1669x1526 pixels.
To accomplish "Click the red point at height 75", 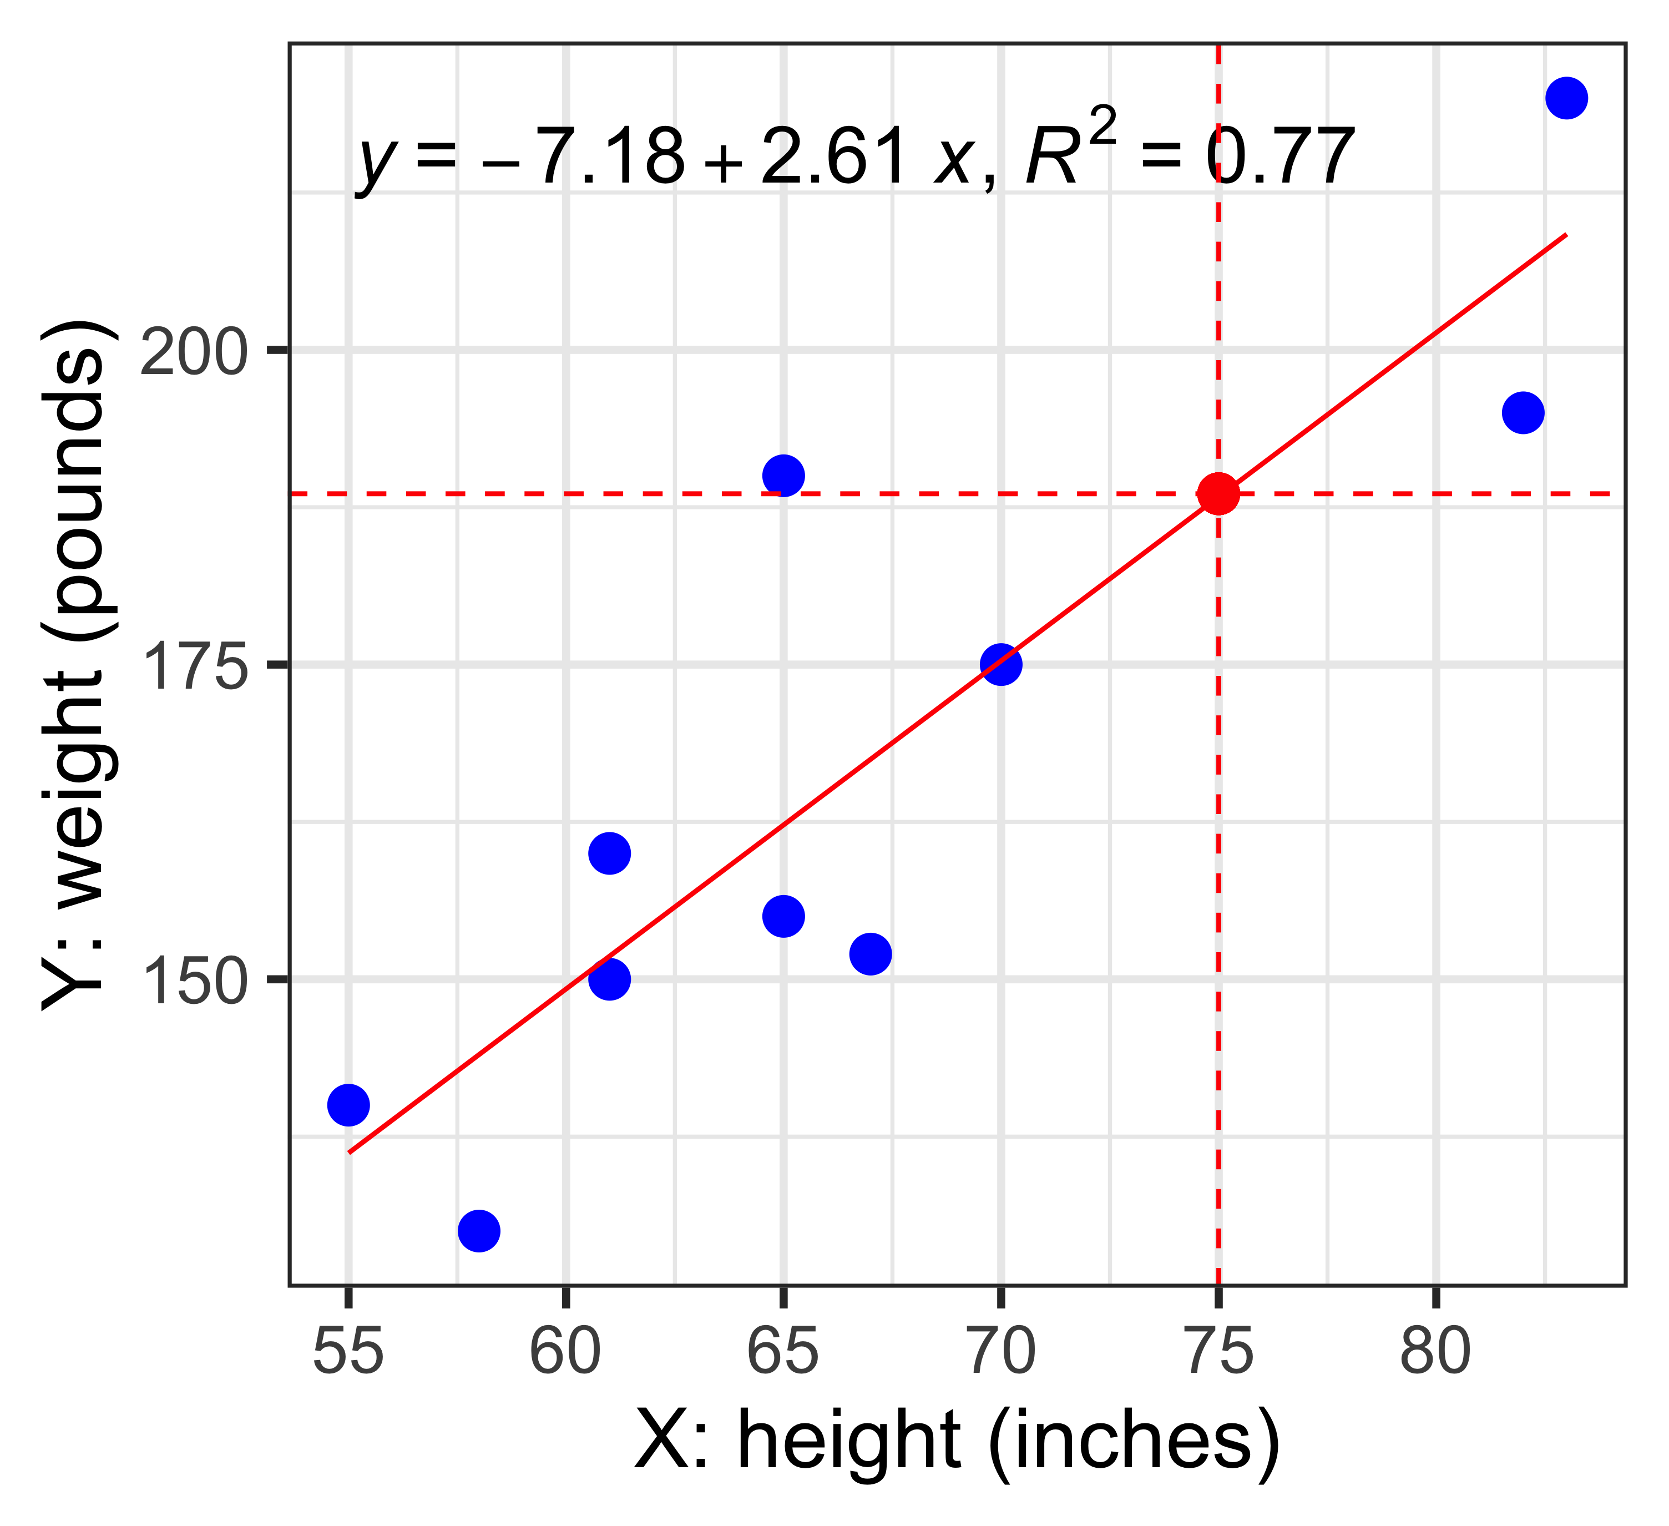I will pyautogui.click(x=1218, y=494).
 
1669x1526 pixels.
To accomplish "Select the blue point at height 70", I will pyautogui.click(x=1001, y=664).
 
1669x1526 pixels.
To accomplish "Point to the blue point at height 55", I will pyautogui.click(x=348, y=1105).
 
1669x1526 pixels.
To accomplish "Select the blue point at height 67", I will pyautogui.click(x=870, y=954).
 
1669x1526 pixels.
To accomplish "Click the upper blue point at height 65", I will pyautogui.click(x=783, y=475).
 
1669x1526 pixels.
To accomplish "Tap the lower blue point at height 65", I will pyautogui.click(x=783, y=916).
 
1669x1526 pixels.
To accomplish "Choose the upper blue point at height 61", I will pyautogui.click(x=609, y=853).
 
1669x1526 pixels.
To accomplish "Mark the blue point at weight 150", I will pyautogui.click(x=609, y=979).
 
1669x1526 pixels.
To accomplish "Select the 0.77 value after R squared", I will pyautogui.click(x=1279, y=158).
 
